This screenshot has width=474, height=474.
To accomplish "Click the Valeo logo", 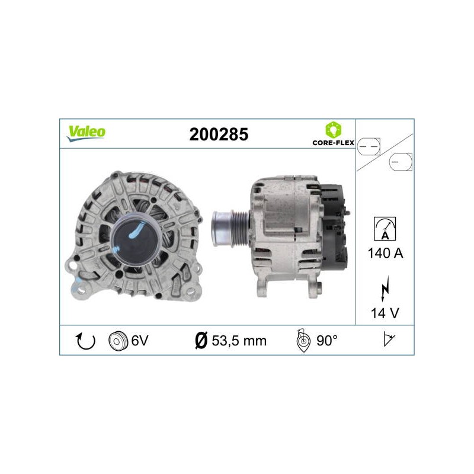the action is click(86, 133).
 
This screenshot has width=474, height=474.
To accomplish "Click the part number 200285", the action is click(219, 134).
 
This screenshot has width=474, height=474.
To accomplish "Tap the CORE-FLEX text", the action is click(333, 143).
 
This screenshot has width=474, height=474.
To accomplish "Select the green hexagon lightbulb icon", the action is click(333, 130).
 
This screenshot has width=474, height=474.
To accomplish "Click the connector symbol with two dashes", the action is click(368, 147).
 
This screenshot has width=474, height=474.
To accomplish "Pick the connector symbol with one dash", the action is click(401, 162).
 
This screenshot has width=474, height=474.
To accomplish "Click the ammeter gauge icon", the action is click(385, 229).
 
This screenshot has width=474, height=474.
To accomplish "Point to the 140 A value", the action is click(385, 253).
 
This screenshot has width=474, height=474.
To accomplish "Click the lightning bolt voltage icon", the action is click(385, 289).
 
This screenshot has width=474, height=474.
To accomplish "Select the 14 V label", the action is click(385, 313).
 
